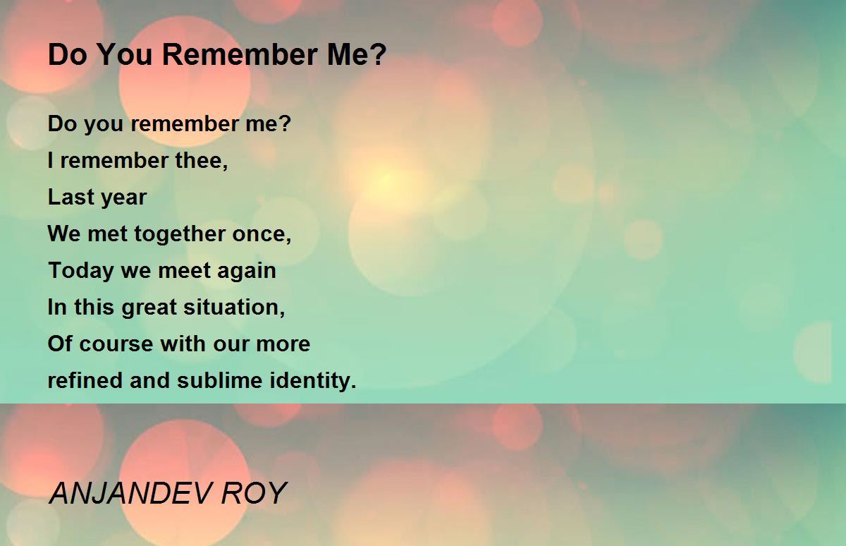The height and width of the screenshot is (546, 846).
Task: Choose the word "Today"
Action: click(x=73, y=272)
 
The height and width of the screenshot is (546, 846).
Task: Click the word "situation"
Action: click(x=233, y=308)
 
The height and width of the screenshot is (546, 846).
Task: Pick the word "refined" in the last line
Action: click(x=85, y=381)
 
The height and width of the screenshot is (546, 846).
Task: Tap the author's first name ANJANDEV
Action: click(x=130, y=494)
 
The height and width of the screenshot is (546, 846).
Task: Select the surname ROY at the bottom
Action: click(x=255, y=494)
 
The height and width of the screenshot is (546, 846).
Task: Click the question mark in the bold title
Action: click(x=379, y=55)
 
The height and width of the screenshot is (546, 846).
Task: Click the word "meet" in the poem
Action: click(x=185, y=272)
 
